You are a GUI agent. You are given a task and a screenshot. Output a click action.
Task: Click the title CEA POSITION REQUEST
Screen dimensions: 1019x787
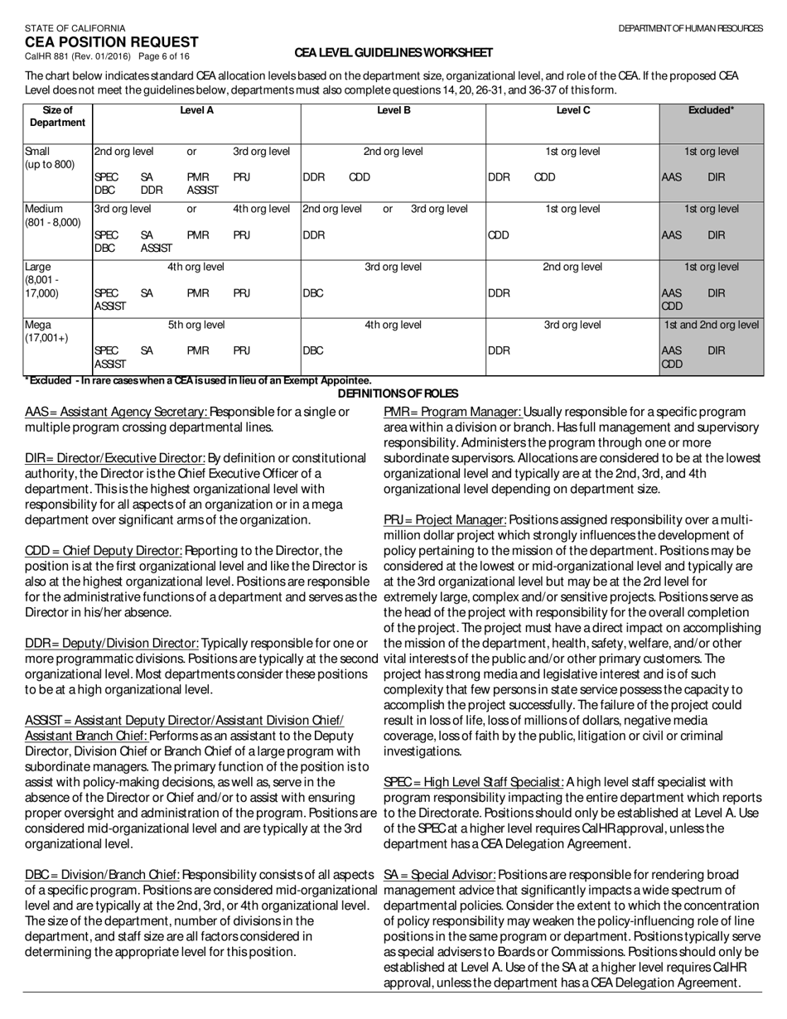(x=111, y=42)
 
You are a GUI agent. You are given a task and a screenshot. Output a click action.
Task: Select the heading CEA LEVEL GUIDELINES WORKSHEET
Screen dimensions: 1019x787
(x=393, y=53)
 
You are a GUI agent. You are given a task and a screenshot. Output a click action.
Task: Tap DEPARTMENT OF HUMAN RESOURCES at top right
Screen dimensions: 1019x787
(x=690, y=28)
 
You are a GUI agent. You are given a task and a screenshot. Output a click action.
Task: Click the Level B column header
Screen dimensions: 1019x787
(x=393, y=110)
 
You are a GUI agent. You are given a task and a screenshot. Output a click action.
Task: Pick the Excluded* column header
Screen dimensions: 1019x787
(x=711, y=110)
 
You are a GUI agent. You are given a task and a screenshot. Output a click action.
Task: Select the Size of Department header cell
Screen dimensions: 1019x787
(x=57, y=116)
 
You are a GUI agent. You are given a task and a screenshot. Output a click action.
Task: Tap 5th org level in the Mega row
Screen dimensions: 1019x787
(x=196, y=325)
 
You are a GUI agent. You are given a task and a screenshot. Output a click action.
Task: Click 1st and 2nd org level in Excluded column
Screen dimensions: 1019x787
(x=711, y=325)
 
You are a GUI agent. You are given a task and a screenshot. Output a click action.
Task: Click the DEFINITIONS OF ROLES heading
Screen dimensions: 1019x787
(x=398, y=394)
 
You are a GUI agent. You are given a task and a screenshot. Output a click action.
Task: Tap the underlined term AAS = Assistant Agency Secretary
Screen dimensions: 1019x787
(x=116, y=412)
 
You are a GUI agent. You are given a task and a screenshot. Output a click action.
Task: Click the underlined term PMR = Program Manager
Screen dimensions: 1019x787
(x=452, y=412)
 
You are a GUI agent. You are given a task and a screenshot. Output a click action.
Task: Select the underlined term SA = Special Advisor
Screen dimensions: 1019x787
(x=439, y=875)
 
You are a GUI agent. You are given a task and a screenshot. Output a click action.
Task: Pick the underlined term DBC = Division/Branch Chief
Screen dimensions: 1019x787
(x=102, y=875)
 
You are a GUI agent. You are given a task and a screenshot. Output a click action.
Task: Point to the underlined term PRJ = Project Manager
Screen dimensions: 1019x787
(x=445, y=519)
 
